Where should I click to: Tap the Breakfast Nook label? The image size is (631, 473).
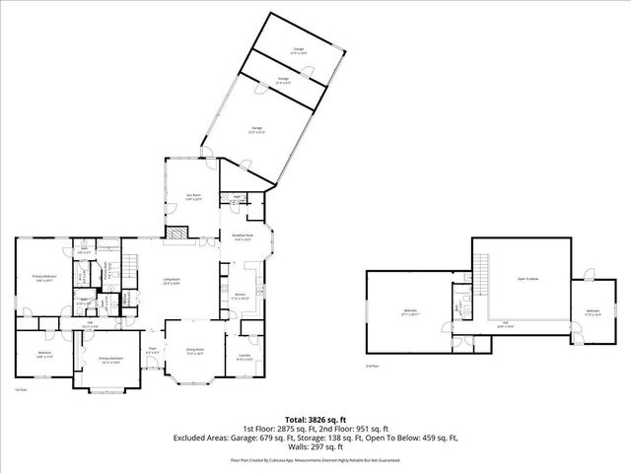pyautogui.click(x=243, y=236)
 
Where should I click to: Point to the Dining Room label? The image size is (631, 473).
pyautogui.click(x=195, y=351)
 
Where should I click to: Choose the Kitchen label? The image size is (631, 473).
pyautogui.click(x=239, y=295)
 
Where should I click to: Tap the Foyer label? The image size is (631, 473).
pyautogui.click(x=153, y=349)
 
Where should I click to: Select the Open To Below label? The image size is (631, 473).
pyautogui.click(x=528, y=279)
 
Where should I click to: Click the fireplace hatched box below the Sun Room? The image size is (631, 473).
pyautogui.click(x=175, y=234)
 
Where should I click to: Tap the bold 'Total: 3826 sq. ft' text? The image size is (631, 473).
pyautogui.click(x=316, y=418)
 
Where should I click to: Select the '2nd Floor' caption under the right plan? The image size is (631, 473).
pyautogui.click(x=371, y=366)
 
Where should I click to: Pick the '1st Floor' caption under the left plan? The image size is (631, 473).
pyautogui.click(x=20, y=391)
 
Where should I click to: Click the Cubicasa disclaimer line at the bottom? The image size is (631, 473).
pyautogui.click(x=316, y=459)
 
